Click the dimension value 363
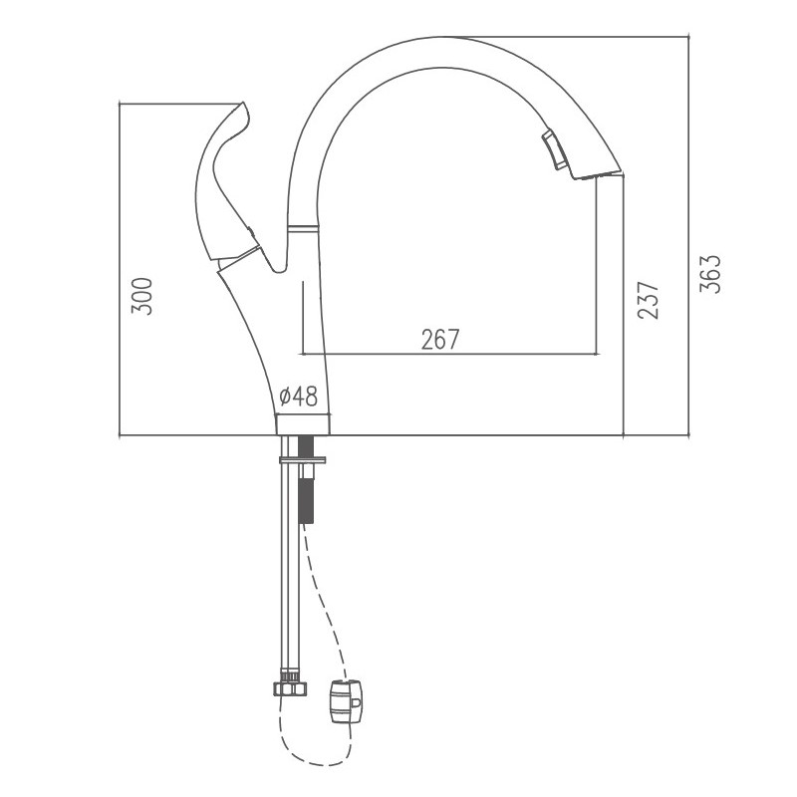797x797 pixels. (710, 273)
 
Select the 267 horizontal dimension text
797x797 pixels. (439, 340)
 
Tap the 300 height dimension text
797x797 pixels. (143, 296)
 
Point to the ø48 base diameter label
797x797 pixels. (298, 397)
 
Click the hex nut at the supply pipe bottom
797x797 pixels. (286, 687)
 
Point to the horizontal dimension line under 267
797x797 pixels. (448, 354)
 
